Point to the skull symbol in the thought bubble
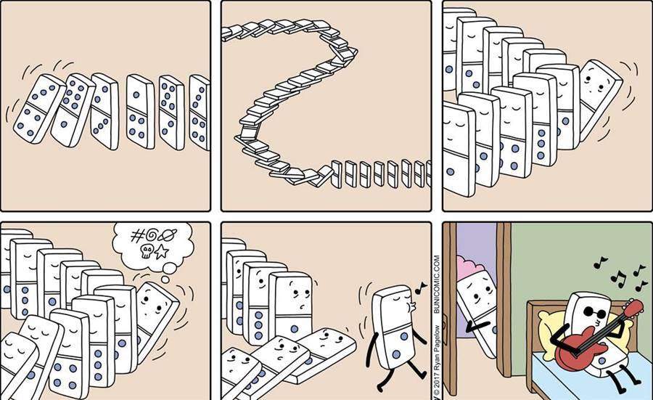click(146, 251)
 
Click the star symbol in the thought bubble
click(162, 252)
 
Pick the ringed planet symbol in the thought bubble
click(167, 235)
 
